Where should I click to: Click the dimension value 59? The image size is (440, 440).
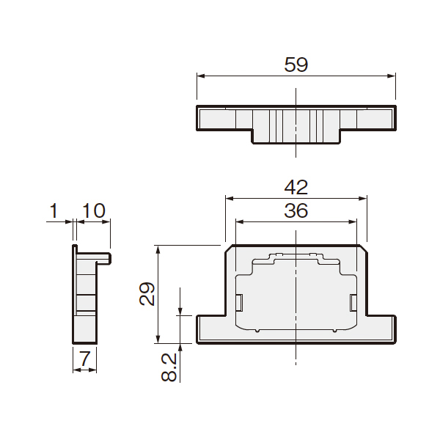(296, 65)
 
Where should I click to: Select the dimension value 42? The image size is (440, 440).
(296, 188)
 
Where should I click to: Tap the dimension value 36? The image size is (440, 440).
(296, 210)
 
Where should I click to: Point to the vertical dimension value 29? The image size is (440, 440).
(147, 294)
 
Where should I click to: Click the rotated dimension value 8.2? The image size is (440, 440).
(169, 367)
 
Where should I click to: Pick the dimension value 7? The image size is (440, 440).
(85, 359)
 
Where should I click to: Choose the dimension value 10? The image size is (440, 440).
(94, 210)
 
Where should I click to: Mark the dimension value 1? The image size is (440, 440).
(54, 210)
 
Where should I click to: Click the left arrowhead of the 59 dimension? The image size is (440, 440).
(201, 76)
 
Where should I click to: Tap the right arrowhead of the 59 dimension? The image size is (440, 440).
(391, 76)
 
